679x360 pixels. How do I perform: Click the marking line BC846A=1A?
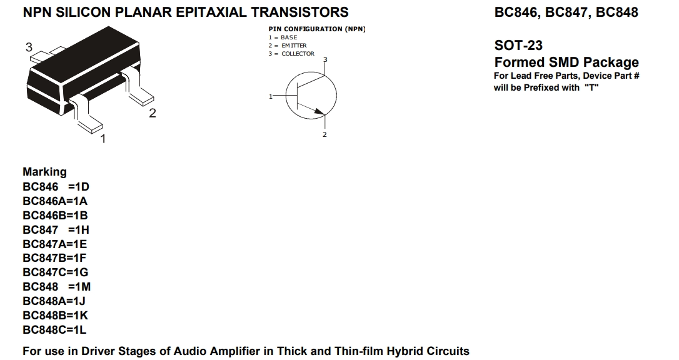tap(55, 201)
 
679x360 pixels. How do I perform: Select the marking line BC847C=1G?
tap(56, 272)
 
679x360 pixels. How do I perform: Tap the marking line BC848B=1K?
tap(56, 316)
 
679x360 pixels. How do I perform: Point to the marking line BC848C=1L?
tap(54, 330)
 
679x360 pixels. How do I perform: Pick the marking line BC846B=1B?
tap(55, 216)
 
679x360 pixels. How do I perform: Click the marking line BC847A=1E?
tap(54, 244)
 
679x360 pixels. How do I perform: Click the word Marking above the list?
tap(44, 172)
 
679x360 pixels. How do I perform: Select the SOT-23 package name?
tap(518, 46)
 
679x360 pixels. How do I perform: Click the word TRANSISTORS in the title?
tap(299, 12)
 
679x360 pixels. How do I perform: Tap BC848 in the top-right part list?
tap(617, 12)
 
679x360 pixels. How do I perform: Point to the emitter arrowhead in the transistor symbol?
tap(319, 112)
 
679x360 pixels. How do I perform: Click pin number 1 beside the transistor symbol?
tap(271, 96)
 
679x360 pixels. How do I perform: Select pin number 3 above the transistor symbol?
tap(325, 59)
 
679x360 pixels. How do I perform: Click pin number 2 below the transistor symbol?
tap(324, 134)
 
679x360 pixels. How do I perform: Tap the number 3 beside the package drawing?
tap(29, 47)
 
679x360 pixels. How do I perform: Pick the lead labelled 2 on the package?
tap(138, 88)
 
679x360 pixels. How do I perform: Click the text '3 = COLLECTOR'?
tap(291, 54)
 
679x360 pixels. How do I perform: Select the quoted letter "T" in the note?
tap(591, 87)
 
